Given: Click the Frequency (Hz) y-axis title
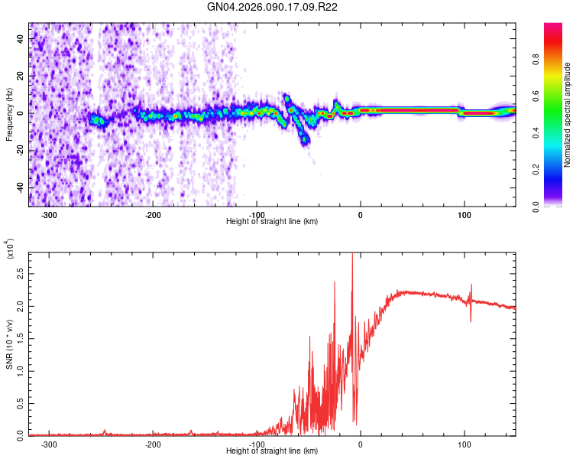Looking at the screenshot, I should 8,114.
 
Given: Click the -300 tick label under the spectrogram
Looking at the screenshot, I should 49,215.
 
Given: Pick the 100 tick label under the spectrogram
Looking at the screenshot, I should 464,215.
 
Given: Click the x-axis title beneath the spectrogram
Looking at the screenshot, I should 272,222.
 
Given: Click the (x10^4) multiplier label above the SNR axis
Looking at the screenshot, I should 9,249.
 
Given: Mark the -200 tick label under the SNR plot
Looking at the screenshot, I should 153,444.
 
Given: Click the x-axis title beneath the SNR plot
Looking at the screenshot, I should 272,451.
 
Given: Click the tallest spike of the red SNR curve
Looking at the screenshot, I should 351,256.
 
